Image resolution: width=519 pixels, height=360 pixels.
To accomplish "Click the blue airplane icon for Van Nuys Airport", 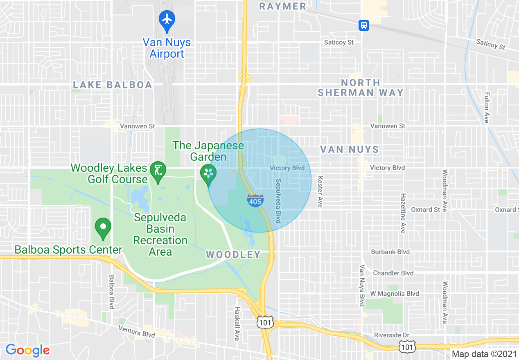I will (167, 19).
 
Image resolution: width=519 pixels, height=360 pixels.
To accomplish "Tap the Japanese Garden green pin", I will (208, 173).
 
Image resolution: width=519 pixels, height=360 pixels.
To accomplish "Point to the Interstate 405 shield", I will (255, 200).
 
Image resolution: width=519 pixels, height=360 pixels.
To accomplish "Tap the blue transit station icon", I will (364, 25).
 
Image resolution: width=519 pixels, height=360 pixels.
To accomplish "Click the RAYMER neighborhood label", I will (282, 6).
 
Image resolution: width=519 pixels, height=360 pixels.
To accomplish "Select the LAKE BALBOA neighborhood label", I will (112, 85).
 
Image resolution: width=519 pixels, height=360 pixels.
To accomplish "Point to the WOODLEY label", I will (233, 255).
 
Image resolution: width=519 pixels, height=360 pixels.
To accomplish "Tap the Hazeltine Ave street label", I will (403, 213).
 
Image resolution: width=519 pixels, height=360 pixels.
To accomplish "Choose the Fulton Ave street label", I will (487, 107).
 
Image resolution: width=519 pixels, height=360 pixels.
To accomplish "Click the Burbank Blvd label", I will (390, 252).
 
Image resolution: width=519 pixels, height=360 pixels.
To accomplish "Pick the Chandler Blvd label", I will (393, 273).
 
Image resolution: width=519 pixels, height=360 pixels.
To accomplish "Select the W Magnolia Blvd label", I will (395, 293).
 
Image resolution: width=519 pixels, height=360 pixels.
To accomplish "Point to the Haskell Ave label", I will (237, 324).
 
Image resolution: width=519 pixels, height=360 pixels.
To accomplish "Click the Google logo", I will (27, 350).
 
